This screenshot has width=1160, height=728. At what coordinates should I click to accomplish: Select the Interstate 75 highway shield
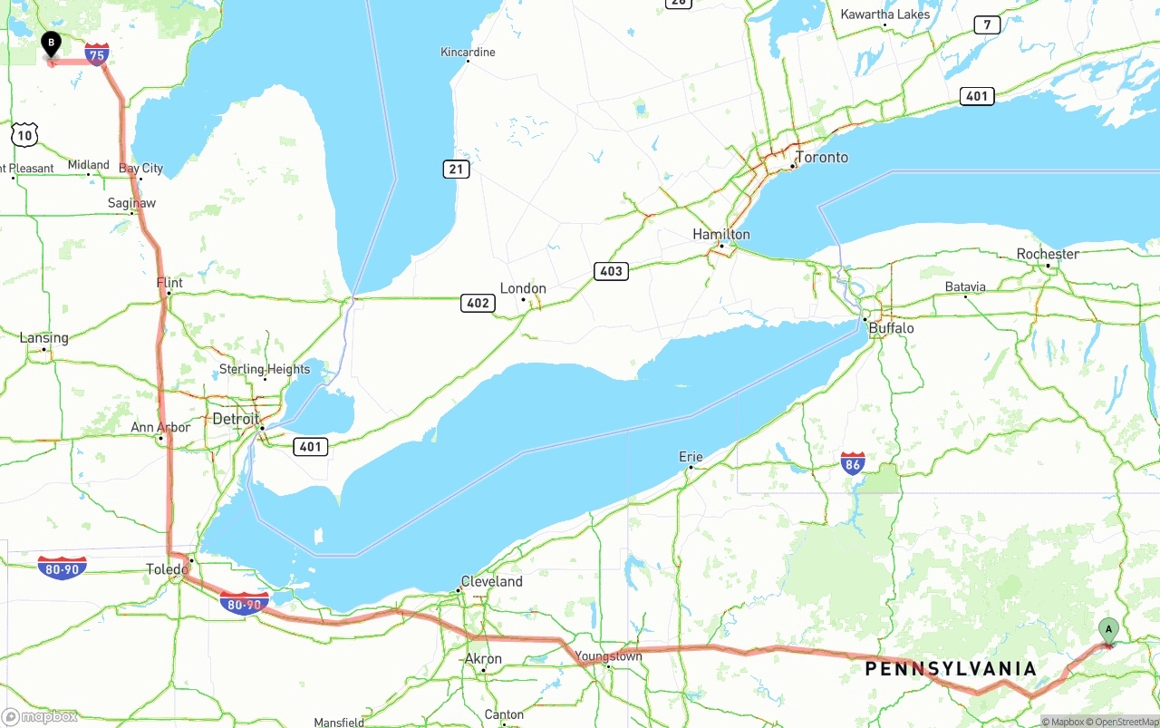click(97, 54)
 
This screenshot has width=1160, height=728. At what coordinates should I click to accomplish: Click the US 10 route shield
click(24, 136)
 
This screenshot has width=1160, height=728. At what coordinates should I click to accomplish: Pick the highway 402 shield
click(478, 303)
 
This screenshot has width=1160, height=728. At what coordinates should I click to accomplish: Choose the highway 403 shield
click(612, 271)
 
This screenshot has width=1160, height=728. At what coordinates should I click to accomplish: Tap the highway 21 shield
click(457, 169)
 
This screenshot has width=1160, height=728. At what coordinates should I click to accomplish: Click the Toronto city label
click(822, 158)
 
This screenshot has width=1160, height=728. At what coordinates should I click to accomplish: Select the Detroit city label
click(236, 419)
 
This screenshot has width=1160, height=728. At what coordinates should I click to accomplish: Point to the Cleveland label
click(491, 581)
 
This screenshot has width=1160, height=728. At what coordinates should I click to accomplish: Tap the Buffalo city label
click(891, 328)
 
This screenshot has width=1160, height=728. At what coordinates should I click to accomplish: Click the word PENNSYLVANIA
click(951, 669)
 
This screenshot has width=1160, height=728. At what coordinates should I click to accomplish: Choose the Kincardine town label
click(468, 52)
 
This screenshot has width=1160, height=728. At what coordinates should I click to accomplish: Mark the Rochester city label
click(1048, 254)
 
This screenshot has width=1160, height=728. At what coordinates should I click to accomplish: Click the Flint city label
click(169, 283)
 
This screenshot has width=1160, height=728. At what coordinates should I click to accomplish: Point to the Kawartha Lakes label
click(884, 14)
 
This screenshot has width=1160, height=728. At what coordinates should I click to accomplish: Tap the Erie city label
click(691, 457)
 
